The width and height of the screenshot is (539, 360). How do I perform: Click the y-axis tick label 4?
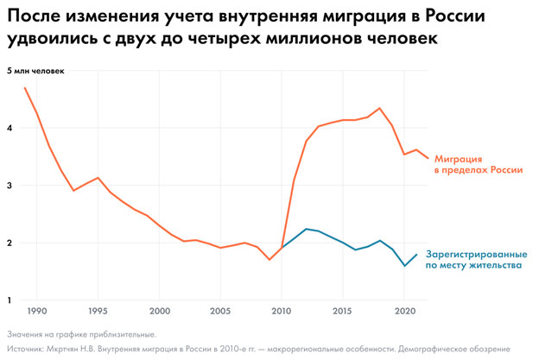[x=11, y=129]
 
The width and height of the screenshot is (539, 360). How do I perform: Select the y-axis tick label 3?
[x=11, y=186]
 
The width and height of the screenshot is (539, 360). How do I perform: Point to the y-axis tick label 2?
[x=11, y=243]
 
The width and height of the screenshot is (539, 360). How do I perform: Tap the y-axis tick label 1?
[x=11, y=300]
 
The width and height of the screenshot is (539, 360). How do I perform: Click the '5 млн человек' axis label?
[x=36, y=71]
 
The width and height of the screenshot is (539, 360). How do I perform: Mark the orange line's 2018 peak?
[x=379, y=108]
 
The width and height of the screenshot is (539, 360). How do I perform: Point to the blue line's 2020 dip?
[x=404, y=266]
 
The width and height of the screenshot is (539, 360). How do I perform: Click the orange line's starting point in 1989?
[x=25, y=88]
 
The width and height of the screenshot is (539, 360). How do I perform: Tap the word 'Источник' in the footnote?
[x=29, y=349]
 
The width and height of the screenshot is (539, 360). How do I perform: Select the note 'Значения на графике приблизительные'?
[x=82, y=333]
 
